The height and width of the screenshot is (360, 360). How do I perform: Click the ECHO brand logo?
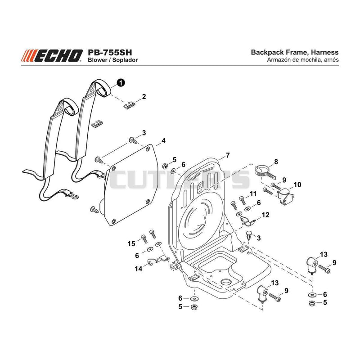[52, 56]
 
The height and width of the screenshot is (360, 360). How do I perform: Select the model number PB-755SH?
[110, 52]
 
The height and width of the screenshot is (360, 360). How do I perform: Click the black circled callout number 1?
[121, 82]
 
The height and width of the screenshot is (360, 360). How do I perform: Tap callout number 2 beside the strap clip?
[144, 96]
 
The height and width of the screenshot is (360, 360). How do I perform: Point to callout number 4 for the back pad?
[163, 141]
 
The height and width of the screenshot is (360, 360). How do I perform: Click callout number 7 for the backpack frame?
[228, 155]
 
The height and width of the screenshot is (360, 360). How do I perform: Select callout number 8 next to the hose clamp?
[276, 162]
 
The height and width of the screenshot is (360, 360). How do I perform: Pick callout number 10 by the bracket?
[297, 184]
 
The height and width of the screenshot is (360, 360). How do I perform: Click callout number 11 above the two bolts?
[253, 194]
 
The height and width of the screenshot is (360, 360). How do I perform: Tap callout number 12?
[265, 215]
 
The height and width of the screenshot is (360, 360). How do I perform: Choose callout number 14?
[139, 269]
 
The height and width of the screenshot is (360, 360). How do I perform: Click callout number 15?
[131, 243]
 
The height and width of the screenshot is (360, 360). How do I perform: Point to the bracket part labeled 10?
[285, 195]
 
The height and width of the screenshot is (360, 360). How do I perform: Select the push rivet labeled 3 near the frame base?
[249, 235]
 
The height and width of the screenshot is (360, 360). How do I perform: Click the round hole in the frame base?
[226, 283]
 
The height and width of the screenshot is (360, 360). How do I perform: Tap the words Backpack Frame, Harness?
[295, 52]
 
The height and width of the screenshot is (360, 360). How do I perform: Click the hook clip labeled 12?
[247, 220]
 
